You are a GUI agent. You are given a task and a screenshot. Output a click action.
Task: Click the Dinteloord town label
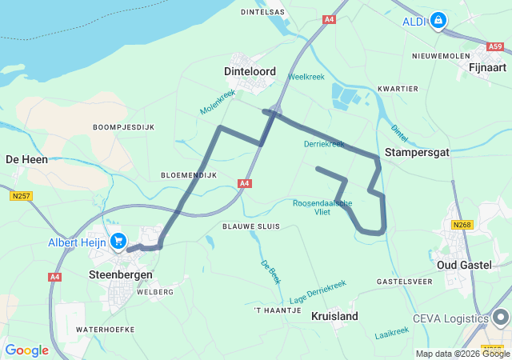pyautogui.click(x=250, y=71)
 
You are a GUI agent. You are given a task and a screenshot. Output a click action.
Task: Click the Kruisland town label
pyautogui.click(x=334, y=316)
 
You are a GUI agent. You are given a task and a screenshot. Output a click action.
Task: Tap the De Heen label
pyautogui.click(x=26, y=159)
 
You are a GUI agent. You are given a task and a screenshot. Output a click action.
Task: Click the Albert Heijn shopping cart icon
pyautogui.click(x=118, y=241)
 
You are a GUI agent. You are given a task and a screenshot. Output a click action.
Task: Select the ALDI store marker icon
pyautogui.click(x=438, y=20)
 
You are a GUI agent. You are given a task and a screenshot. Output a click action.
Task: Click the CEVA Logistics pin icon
pyautogui.click(x=501, y=318)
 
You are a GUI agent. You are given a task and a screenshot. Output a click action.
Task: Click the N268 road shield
pyautogui.click(x=462, y=225)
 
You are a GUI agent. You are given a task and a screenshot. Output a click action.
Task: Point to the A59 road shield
pyautogui.click(x=496, y=47)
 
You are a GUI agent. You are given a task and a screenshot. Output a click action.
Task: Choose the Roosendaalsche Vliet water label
pyautogui.click(x=322, y=207)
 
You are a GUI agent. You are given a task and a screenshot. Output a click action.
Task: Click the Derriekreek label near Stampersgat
pyautogui.click(x=324, y=144)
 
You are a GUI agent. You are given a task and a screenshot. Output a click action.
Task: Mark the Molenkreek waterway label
pyautogui.click(x=218, y=101)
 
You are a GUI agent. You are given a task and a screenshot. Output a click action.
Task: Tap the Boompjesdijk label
pyautogui.click(x=123, y=127)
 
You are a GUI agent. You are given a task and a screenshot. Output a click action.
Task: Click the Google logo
pyautogui.click(x=26, y=350)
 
